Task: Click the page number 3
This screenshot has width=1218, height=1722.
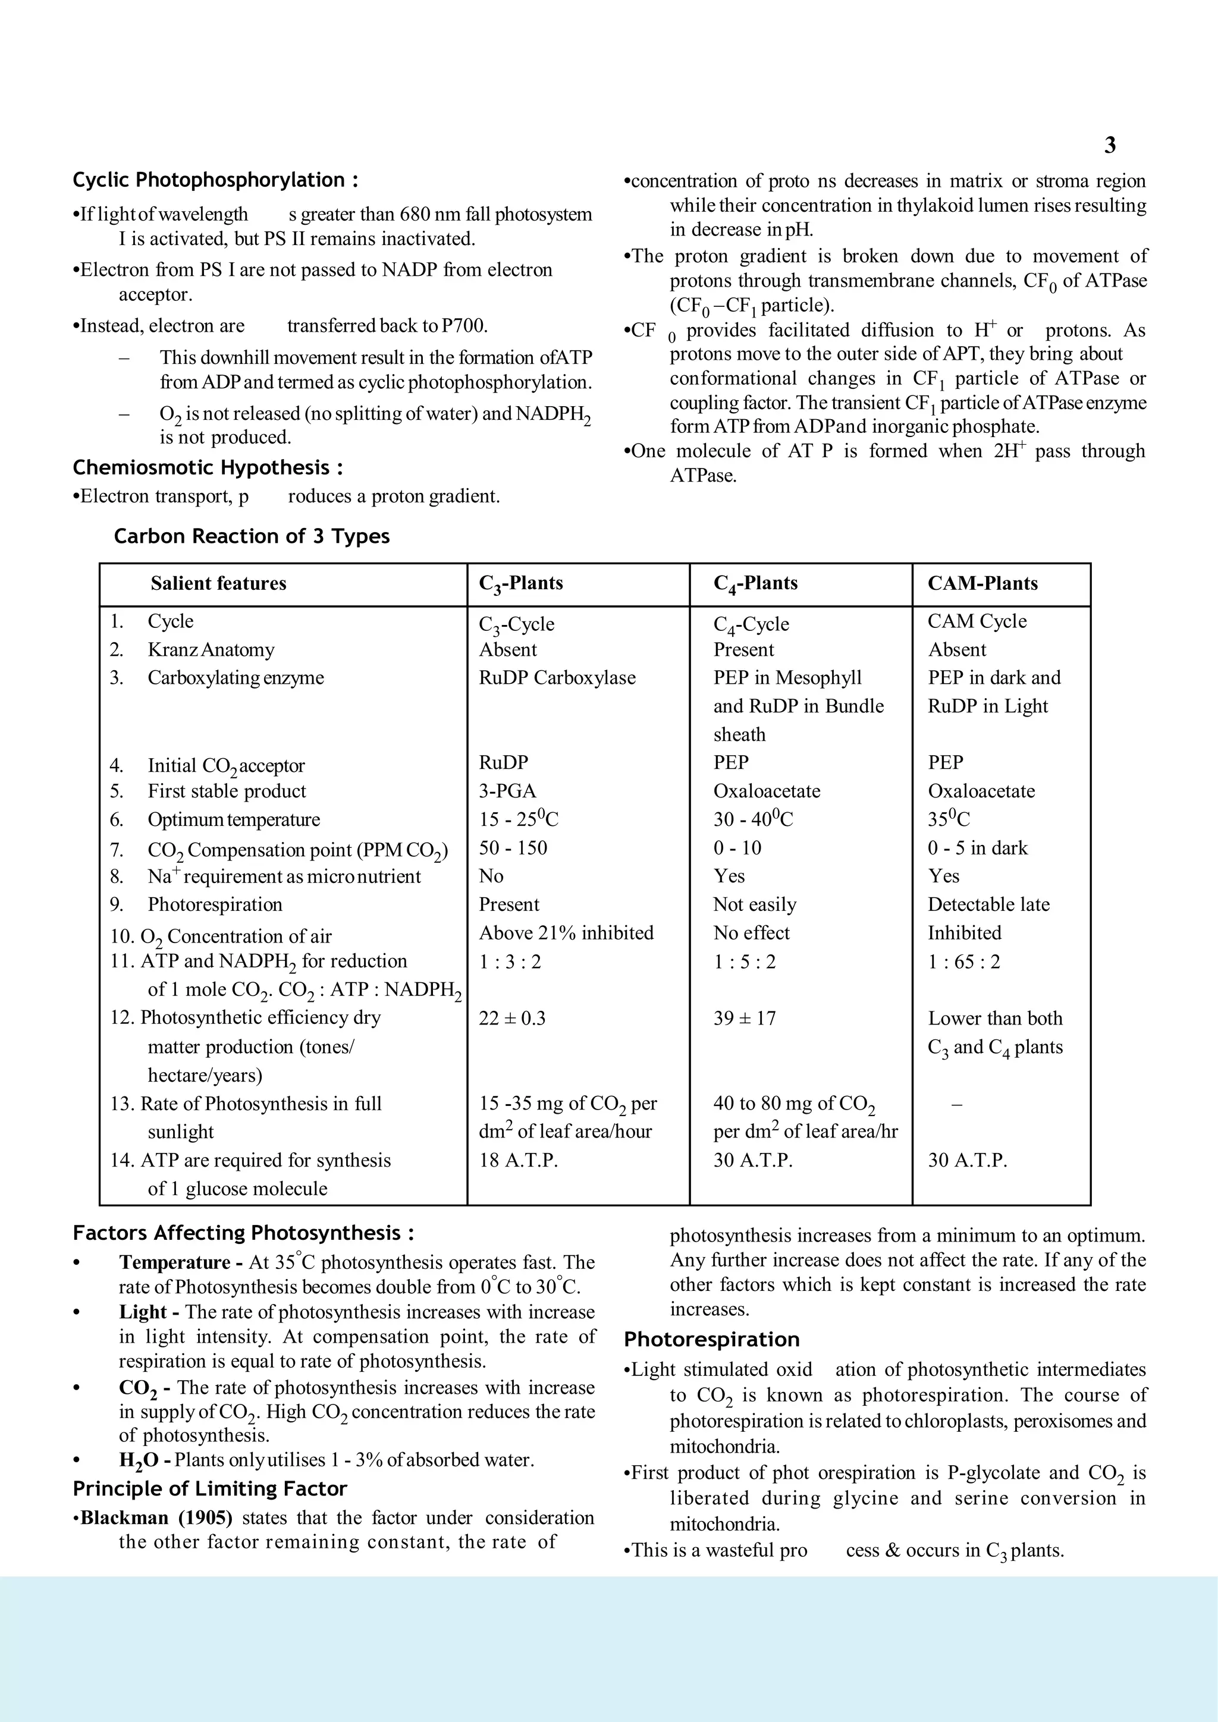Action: point(1110,146)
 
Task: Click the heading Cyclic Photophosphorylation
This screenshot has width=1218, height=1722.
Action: point(215,180)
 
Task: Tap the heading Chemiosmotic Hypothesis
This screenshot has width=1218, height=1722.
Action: point(208,468)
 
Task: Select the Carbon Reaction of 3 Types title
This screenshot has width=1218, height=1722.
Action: point(252,536)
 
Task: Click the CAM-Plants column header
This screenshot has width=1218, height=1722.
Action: point(982,583)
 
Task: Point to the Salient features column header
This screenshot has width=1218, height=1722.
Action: point(218,583)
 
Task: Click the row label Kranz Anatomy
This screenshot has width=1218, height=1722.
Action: point(211,649)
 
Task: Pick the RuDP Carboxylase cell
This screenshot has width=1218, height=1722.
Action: point(557,678)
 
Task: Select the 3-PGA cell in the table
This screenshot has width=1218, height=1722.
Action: point(508,791)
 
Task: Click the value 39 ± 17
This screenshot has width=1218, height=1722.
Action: point(745,1019)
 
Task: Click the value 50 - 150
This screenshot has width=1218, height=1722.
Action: point(513,849)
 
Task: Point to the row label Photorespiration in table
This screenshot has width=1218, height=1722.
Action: point(215,904)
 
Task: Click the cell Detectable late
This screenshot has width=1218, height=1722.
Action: point(988,904)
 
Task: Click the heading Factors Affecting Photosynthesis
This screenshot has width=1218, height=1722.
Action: point(243,1233)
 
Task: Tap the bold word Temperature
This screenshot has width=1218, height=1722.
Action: point(175,1263)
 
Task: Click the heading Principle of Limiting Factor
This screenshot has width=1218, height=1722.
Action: point(210,1489)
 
